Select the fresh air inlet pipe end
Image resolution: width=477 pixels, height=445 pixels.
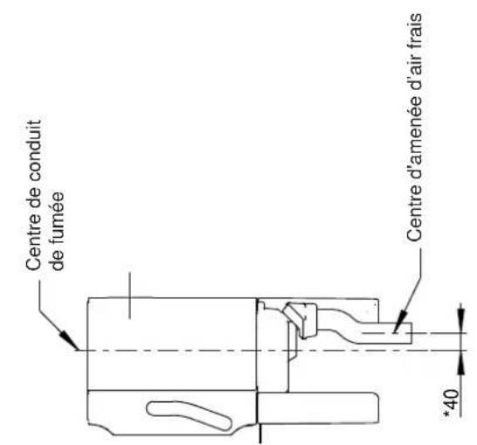click(x=407, y=331)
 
